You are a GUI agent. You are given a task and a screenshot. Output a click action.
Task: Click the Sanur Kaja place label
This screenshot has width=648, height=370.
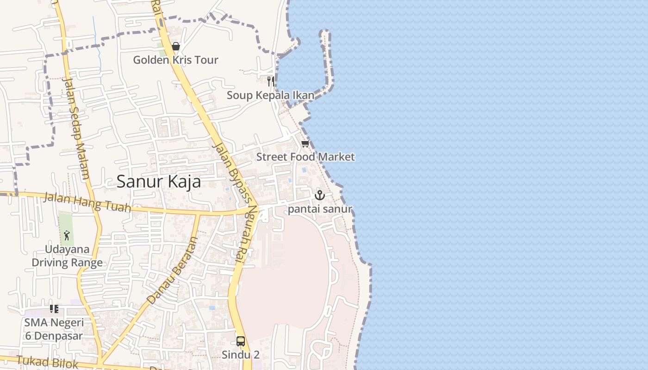159,181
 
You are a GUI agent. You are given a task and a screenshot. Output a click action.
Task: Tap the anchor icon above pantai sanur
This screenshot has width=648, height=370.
320,195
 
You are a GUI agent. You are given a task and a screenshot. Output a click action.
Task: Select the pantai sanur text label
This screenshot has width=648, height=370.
320,210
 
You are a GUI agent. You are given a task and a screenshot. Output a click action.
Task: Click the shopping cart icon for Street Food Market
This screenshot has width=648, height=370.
305,144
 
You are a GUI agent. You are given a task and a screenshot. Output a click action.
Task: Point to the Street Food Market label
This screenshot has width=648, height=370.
305,157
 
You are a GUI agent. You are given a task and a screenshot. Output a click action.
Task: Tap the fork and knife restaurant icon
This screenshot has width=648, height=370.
271,82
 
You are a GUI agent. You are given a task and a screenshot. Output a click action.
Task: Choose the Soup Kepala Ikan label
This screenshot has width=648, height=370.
270,95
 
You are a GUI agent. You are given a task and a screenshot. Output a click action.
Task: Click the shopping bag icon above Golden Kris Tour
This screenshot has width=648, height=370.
175,46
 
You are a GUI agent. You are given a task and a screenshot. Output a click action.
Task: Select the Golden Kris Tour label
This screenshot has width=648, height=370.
175,60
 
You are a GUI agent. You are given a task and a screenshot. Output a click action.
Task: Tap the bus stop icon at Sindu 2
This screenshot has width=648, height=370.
241,341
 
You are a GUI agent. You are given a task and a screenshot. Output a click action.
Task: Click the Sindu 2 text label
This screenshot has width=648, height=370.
241,355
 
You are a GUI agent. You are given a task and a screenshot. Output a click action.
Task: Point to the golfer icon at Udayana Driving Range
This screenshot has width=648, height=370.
67,235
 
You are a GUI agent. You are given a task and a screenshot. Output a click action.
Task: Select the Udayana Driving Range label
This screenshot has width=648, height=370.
67,256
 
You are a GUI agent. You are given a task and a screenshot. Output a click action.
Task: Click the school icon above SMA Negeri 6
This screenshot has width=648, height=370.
54,308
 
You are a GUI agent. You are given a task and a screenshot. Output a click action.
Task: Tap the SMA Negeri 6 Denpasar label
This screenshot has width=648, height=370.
54,329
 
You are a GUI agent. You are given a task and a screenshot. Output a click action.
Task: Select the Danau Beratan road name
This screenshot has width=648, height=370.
172,271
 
